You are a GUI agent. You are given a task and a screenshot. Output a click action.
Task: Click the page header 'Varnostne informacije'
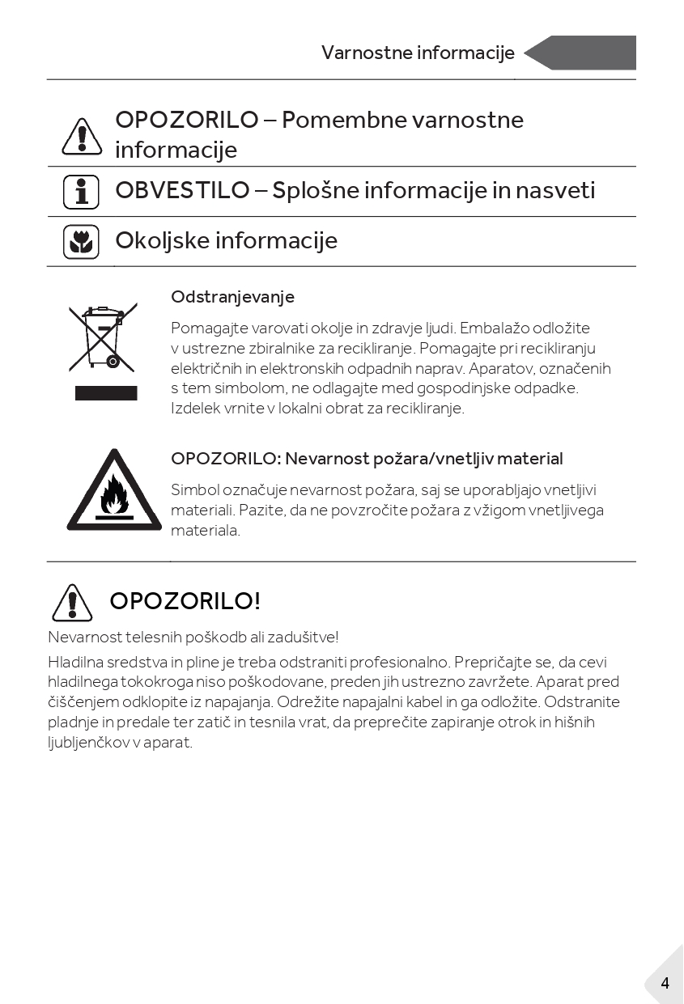coord(418,53)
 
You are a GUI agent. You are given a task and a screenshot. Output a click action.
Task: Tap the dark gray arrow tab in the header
coord(584,53)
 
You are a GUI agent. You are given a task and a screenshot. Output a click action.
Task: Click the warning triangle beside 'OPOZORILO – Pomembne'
coord(82,136)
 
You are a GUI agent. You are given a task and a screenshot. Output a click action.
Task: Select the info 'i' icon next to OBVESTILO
coord(81,193)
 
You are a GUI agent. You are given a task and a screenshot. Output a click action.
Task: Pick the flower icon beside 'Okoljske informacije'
coord(81,242)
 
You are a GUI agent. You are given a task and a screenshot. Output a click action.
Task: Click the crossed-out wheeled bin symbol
coord(103,337)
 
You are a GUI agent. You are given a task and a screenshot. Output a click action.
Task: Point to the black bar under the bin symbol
coord(106,393)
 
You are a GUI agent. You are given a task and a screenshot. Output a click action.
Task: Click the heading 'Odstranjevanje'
coord(232,297)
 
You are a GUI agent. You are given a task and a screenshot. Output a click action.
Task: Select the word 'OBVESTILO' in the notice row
coord(182,191)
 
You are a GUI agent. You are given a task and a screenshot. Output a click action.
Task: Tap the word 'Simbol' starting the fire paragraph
coord(193,490)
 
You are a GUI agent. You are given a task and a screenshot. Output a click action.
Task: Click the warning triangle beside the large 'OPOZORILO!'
coord(72,603)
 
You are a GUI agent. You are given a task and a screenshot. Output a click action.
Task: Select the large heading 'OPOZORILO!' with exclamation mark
coord(185,601)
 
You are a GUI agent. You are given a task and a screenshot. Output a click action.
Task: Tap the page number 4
coord(665,984)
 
